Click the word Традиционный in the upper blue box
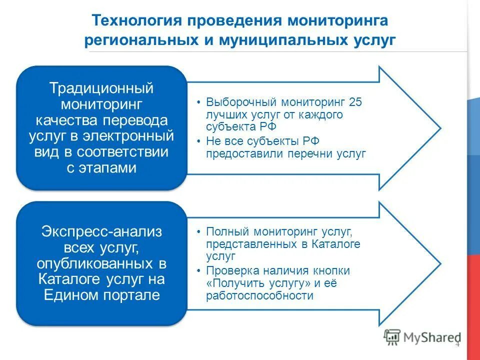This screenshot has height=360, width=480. pos(101,89)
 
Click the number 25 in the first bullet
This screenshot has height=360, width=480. pos(355,102)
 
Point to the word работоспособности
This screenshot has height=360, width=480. pos(259,295)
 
